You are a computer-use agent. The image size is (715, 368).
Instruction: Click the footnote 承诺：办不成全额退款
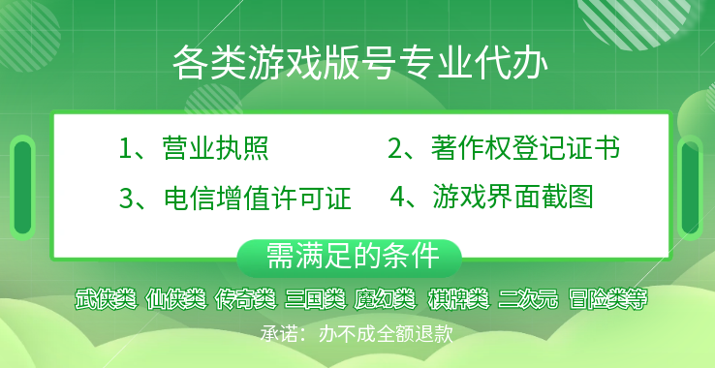coord(357,332)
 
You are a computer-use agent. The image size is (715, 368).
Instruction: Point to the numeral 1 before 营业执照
coord(125,149)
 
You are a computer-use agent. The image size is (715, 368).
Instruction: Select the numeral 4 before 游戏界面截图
coord(396,198)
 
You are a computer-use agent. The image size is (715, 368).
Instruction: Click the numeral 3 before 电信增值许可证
coord(125,199)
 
